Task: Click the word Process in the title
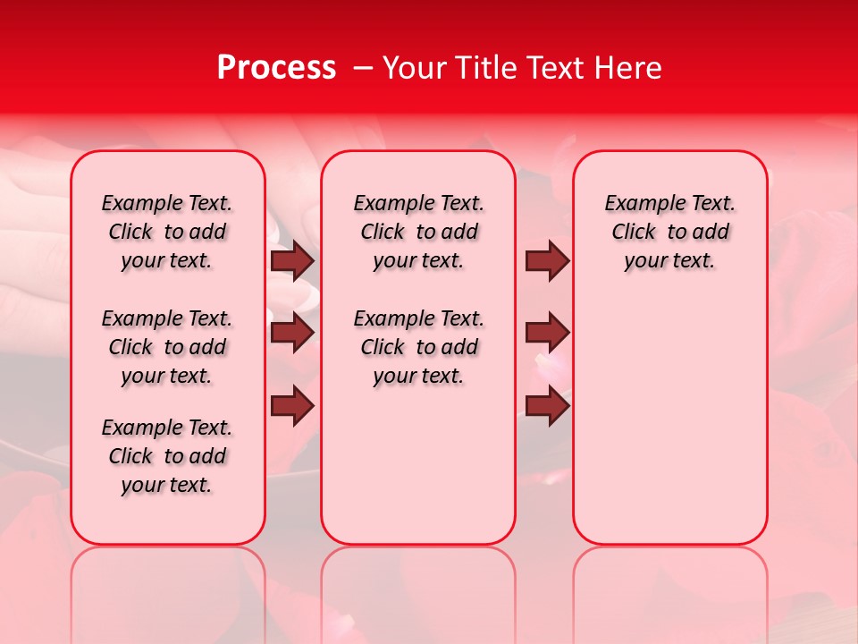point(276,68)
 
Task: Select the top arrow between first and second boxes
point(292,261)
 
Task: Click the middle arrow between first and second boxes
point(292,333)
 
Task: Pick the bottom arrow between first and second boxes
point(292,406)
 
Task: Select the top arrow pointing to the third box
point(547,261)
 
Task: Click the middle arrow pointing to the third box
point(547,333)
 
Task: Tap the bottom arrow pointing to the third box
point(547,406)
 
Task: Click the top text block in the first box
point(167,232)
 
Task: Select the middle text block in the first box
point(167,347)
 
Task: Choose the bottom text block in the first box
point(167,456)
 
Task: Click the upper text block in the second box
point(418,232)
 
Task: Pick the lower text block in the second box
point(418,347)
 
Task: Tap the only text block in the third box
point(669,232)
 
